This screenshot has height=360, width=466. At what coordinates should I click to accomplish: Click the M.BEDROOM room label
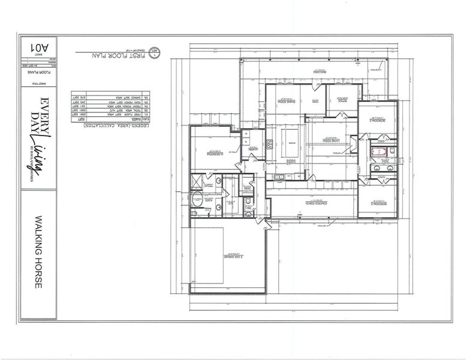[x=214, y=154]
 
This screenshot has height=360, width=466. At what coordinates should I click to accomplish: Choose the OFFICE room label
[x=342, y=101]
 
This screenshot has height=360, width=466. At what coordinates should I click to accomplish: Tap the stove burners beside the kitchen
[x=270, y=144]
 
